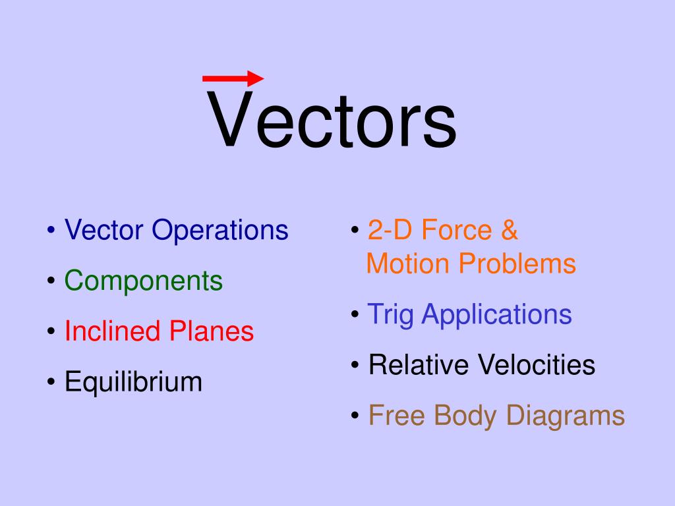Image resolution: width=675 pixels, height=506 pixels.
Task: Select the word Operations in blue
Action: point(221,231)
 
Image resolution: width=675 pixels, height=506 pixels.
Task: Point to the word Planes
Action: point(212,331)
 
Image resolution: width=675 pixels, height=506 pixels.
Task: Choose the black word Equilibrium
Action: point(133,382)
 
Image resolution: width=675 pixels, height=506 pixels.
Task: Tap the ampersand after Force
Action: point(509,231)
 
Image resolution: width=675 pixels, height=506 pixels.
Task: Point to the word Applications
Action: point(497,315)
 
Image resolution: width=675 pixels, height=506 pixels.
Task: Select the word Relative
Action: point(419,364)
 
